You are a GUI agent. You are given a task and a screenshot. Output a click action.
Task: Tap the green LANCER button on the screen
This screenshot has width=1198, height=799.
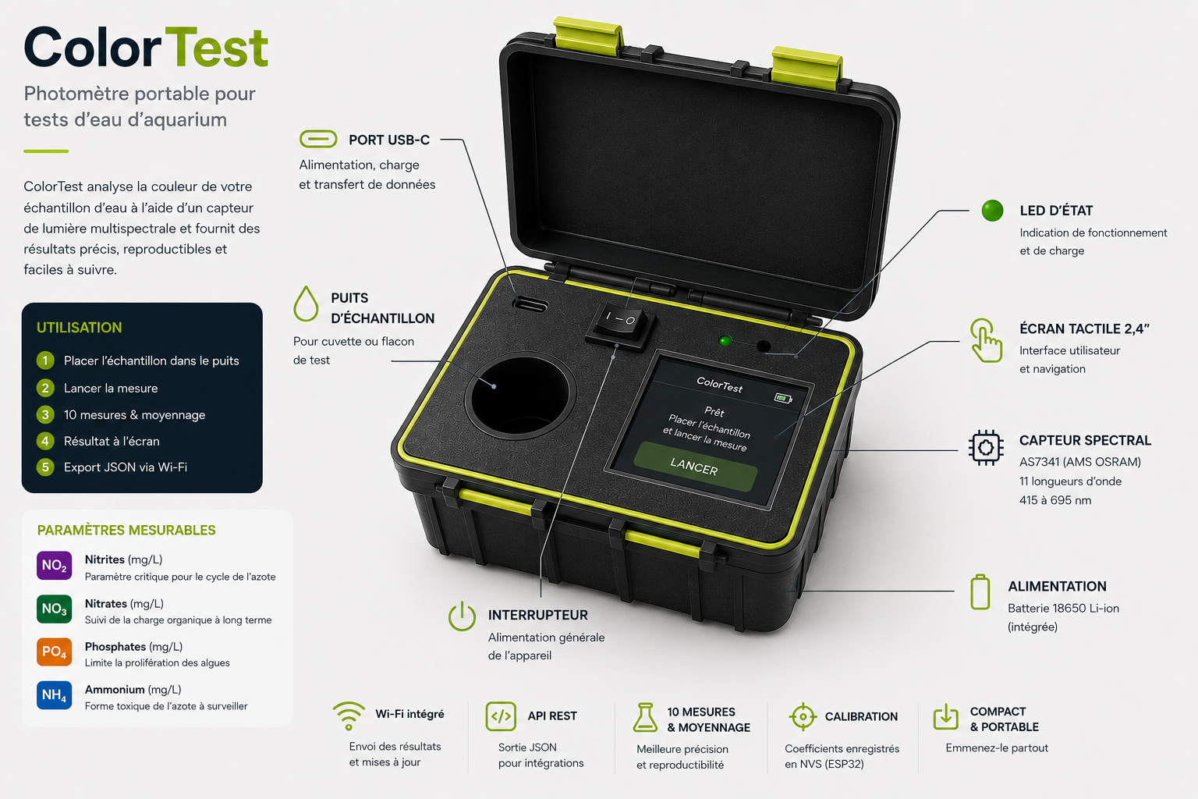tap(695, 467)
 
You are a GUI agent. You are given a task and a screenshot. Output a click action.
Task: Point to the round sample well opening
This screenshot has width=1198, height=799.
tap(520, 396)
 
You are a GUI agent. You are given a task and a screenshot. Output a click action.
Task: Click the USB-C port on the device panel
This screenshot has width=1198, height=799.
tap(530, 305)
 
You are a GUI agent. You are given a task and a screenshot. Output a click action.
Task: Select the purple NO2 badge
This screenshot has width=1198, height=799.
tap(54, 565)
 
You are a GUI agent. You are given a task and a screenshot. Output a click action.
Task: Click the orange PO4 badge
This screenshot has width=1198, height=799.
tap(54, 652)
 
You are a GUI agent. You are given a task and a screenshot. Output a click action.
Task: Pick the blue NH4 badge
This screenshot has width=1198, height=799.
tap(54, 695)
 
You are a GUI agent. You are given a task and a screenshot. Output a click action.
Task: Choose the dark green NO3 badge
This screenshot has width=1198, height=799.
tap(54, 609)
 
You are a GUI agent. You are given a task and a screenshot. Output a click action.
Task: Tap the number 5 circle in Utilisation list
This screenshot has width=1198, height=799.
tap(45, 467)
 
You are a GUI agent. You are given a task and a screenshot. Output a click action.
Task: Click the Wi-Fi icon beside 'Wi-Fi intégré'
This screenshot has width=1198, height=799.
tap(349, 716)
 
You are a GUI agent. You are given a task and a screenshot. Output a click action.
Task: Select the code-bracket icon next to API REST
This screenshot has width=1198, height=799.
tap(501, 716)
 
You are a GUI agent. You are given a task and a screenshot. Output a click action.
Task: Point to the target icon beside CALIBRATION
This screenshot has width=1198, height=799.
tap(803, 716)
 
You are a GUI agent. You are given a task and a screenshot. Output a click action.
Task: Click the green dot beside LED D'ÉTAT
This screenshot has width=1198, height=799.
tap(992, 211)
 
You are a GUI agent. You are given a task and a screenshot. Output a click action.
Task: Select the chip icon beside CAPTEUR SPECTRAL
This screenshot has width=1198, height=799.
tap(986, 447)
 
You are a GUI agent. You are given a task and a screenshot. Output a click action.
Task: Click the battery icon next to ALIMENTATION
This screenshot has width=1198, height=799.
tap(980, 592)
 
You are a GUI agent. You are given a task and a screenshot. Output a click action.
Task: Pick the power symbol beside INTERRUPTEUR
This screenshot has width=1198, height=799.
tap(462, 616)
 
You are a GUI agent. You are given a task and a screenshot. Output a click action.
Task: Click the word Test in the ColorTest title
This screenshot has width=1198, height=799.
tap(217, 48)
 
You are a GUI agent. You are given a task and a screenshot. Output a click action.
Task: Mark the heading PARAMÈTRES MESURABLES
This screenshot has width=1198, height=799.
tap(126, 530)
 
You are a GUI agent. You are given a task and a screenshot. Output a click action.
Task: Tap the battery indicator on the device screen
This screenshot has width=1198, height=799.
tap(783, 398)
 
